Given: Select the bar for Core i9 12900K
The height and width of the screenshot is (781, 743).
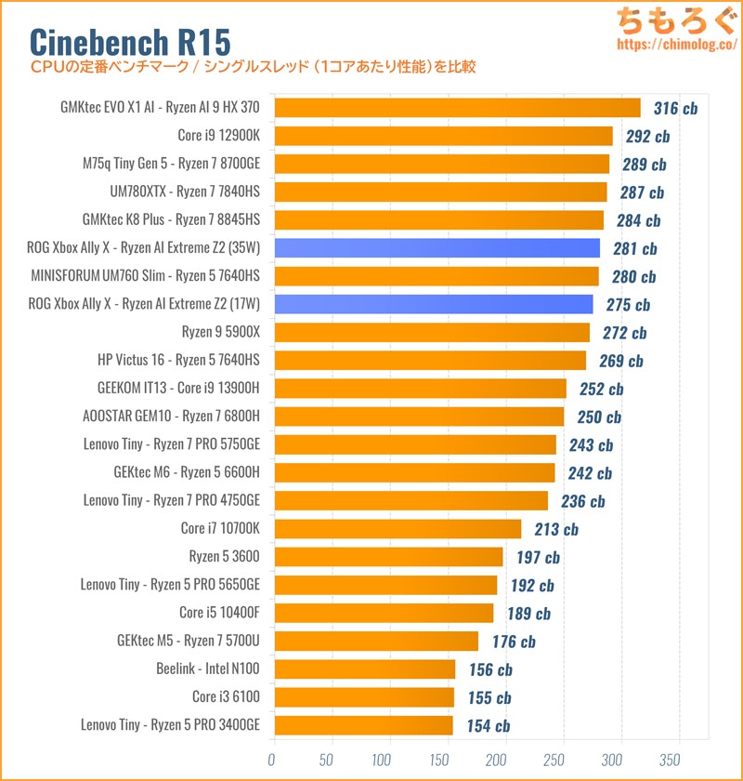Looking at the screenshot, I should (x=442, y=136).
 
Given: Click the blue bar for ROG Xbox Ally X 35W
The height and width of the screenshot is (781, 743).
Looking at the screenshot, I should (x=436, y=248).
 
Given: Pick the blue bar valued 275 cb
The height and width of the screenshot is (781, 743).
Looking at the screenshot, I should (x=433, y=304).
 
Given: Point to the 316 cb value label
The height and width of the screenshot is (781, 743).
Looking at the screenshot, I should (x=675, y=109).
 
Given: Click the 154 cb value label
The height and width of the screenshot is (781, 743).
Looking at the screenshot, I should (x=487, y=726).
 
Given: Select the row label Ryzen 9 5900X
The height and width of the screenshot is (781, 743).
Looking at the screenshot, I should (x=221, y=333).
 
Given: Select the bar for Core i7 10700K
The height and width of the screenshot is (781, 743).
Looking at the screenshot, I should (x=397, y=529).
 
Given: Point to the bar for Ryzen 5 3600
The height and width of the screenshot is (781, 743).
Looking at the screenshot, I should (x=387, y=557).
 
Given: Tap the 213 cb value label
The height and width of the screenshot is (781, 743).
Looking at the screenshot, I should (x=555, y=529).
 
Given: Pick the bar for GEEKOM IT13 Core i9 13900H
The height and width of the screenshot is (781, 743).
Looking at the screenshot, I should (x=419, y=389).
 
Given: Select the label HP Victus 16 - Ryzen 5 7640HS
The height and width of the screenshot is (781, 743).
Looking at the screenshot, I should (x=178, y=361).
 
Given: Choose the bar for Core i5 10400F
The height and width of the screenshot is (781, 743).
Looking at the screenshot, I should (x=383, y=613).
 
